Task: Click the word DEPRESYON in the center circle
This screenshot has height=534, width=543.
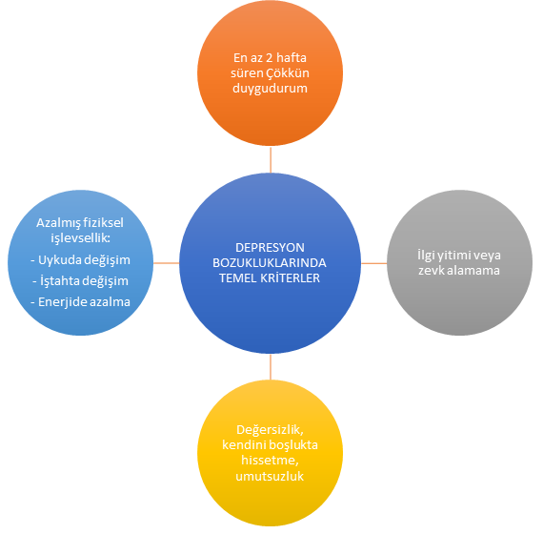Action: coord(270,248)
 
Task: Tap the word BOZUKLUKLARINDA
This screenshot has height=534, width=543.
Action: coord(270,263)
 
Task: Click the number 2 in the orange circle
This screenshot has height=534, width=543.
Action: coord(269,58)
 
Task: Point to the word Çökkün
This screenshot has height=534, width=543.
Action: coord(288,73)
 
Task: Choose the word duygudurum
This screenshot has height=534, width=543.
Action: coord(270,89)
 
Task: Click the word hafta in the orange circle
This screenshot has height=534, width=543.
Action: coord(292,57)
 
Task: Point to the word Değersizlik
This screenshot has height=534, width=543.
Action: coord(270,430)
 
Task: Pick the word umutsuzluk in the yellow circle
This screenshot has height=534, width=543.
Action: coord(270,476)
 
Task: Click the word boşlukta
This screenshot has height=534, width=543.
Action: coord(294,445)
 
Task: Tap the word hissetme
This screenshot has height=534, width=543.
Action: coord(270,461)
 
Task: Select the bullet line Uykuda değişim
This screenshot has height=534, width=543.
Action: coord(80,260)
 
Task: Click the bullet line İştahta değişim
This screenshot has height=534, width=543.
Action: coord(80,281)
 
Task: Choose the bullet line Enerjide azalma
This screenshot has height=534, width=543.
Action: coord(80,302)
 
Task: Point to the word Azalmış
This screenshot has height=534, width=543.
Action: coord(58,223)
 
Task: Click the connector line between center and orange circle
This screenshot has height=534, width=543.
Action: coord(271,159)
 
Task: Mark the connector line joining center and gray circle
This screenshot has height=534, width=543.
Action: coord(374,263)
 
